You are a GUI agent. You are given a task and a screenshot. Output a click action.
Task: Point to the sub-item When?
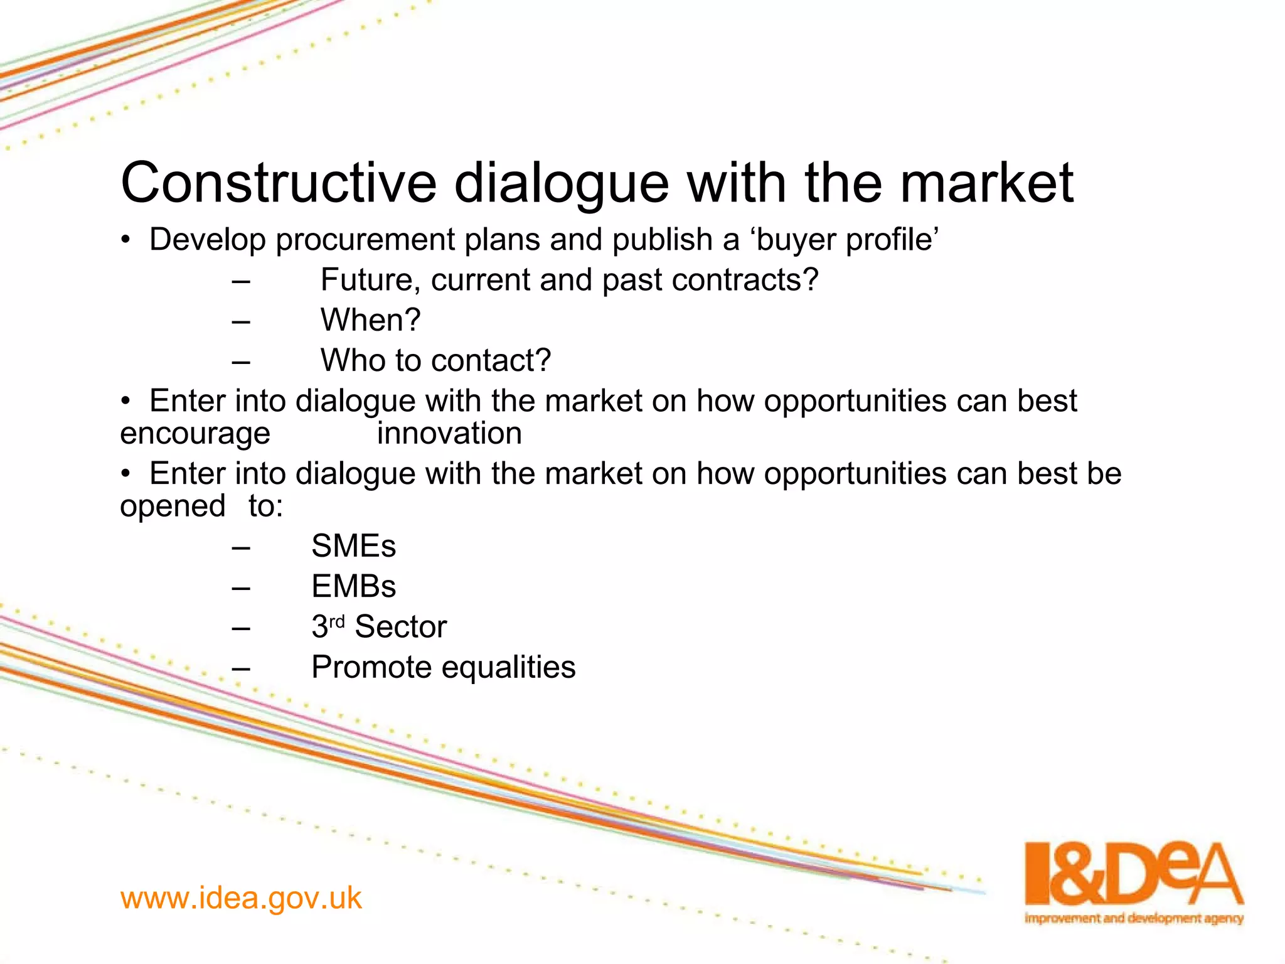point(370,320)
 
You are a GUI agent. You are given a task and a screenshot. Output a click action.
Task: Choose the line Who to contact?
point(435,361)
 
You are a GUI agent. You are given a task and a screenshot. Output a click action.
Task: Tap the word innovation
point(449,434)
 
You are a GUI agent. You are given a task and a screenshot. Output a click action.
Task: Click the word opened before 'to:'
point(173,506)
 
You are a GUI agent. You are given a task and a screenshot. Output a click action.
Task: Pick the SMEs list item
point(353,546)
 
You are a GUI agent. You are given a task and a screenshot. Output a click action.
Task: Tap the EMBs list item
point(353,587)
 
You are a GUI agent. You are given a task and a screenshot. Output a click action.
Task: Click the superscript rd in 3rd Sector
point(337,622)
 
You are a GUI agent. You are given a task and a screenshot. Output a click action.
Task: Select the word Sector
point(400,627)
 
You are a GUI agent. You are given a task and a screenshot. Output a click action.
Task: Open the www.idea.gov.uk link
point(241,898)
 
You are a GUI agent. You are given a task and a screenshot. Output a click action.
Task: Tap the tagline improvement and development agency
point(1133,919)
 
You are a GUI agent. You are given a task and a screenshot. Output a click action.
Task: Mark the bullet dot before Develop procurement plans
point(126,240)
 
